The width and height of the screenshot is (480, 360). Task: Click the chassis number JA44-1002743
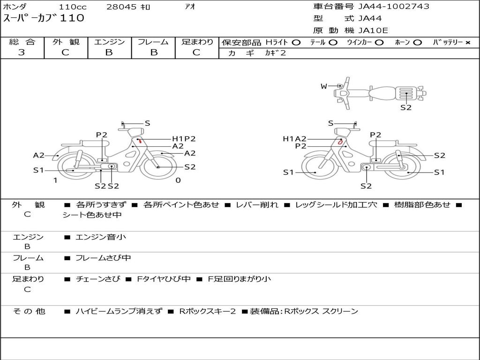(394, 7)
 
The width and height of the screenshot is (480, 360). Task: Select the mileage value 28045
(121, 7)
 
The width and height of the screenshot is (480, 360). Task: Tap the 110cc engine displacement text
(73, 7)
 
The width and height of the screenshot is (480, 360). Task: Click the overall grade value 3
(22, 52)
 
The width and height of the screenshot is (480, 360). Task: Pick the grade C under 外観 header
(65, 52)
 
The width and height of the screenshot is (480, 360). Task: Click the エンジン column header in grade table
(109, 42)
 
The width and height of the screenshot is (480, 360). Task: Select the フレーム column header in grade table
(153, 42)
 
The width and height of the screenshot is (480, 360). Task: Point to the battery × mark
(468, 43)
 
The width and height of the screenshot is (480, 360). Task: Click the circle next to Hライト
(296, 43)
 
